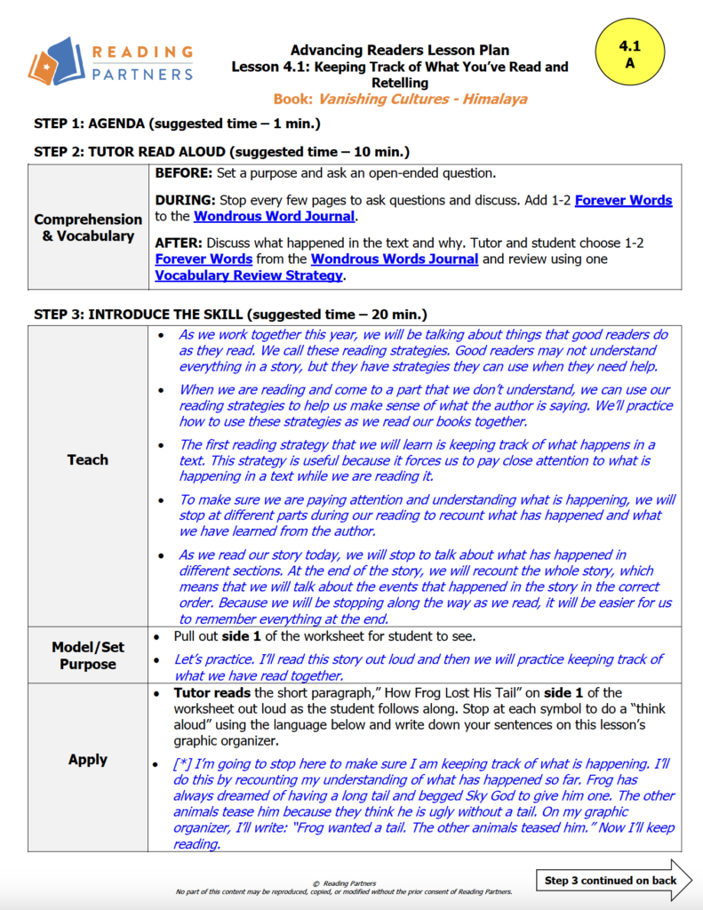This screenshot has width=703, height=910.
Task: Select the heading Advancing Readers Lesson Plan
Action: [x=399, y=50]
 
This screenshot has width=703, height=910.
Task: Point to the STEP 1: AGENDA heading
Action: [x=177, y=124]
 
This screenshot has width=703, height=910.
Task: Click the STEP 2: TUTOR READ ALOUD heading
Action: [x=221, y=152]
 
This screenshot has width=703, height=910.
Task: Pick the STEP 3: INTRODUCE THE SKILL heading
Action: [x=230, y=315]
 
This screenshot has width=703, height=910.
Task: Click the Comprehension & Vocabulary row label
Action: [x=88, y=227]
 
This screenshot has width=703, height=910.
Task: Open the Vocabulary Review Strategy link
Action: [x=249, y=275]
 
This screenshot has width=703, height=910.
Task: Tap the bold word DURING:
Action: [x=185, y=200]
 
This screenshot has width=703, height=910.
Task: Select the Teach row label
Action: [x=88, y=459]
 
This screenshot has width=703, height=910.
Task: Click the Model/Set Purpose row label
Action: [x=88, y=656]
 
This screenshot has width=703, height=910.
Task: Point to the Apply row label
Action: [x=88, y=760]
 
